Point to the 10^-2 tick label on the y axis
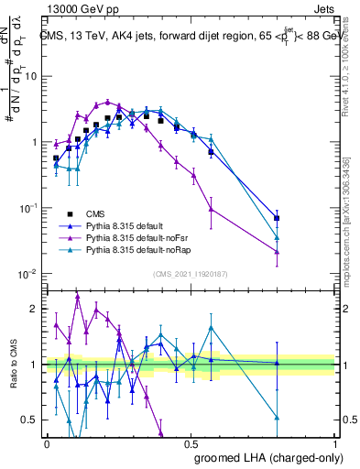(x=30, y=274)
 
